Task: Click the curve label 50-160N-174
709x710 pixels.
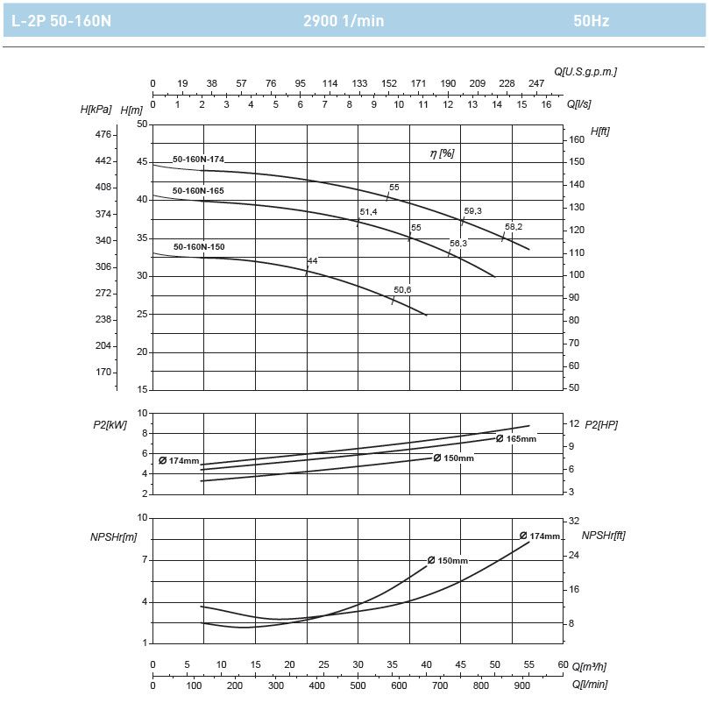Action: tap(198, 160)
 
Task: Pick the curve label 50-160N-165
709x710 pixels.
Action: tap(198, 191)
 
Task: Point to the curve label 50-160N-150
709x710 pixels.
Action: tap(199, 247)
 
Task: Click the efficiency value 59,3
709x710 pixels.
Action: tap(473, 211)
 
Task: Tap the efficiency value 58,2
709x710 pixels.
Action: tap(514, 226)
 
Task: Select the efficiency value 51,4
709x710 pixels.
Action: tap(368, 212)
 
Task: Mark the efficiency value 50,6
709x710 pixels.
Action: tap(402, 290)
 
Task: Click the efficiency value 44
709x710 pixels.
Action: tap(312, 261)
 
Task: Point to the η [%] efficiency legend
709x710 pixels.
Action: tap(442, 153)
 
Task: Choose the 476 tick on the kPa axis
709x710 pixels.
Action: tap(103, 135)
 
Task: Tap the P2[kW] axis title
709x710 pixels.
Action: tap(110, 424)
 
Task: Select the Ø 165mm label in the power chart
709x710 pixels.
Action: tap(516, 438)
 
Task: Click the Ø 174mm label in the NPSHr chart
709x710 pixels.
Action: tap(539, 536)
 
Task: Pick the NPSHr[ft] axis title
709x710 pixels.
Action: tap(603, 535)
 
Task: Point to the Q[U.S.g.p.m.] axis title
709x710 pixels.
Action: tap(585, 72)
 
